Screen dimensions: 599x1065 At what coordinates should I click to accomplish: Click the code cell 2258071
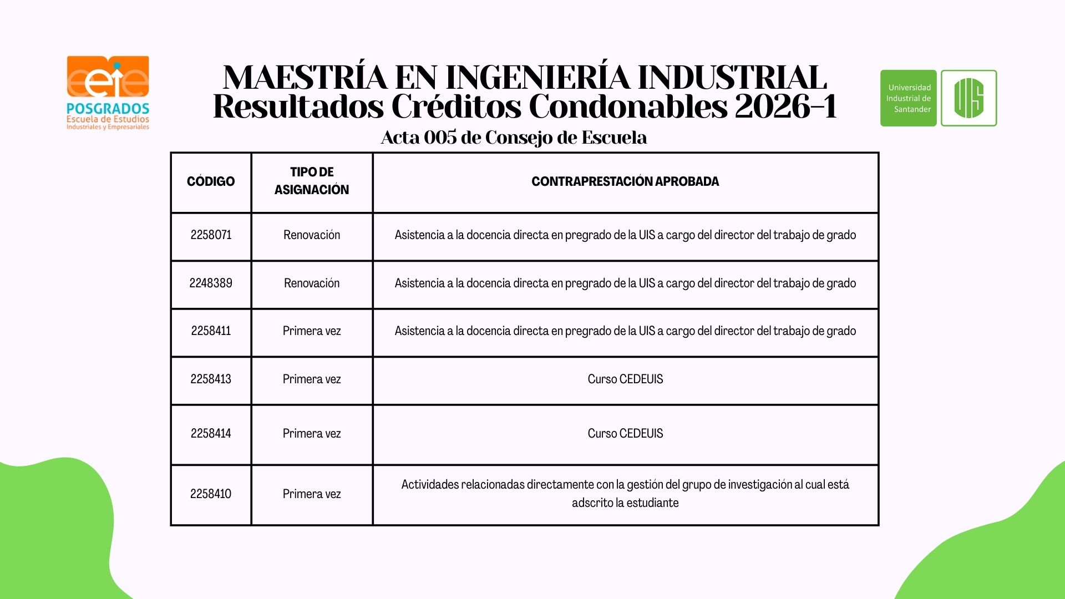pos(211,235)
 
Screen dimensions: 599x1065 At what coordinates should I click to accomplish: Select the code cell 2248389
pos(211,283)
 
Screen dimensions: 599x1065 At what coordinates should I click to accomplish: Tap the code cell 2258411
pos(211,331)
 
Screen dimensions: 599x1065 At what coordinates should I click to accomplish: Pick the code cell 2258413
pos(211,379)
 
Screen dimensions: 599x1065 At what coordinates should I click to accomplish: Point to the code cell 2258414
pos(211,434)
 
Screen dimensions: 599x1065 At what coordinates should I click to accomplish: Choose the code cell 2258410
pos(211,494)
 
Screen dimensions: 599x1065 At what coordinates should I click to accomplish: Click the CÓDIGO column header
pos(211,181)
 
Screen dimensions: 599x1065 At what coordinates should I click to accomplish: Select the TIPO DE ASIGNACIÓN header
pos(312,181)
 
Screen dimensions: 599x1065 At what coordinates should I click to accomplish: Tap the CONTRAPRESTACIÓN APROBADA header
pos(625,181)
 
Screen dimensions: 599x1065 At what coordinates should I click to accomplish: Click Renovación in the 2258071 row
pos(312,235)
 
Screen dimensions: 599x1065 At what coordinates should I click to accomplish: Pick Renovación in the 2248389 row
pos(312,283)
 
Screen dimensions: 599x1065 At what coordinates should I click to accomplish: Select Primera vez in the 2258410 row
pos(312,494)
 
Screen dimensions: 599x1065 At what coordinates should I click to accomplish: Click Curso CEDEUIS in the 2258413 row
pos(625,379)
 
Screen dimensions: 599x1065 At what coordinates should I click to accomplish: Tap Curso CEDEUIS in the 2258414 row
pos(625,434)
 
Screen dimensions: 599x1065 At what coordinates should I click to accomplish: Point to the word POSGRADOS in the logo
pos(108,108)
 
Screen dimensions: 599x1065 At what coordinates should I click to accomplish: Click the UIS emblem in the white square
pos(968,98)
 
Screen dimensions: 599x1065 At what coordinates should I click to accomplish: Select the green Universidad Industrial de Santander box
pos(908,98)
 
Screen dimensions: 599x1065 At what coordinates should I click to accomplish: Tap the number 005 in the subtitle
pos(440,138)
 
